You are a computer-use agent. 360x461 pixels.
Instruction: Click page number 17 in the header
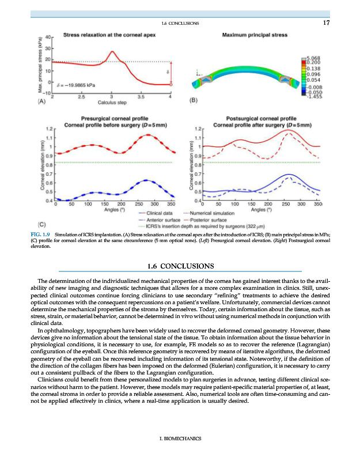pos(325,23)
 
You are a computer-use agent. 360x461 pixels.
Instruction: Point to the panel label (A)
pos(41,101)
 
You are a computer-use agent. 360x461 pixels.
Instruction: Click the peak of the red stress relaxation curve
pos(112,51)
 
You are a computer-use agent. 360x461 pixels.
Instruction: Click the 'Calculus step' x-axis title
pos(112,103)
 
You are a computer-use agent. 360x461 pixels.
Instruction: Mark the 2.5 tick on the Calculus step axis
pos(82,97)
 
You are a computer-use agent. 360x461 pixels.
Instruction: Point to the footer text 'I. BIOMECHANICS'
pos(180,439)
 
